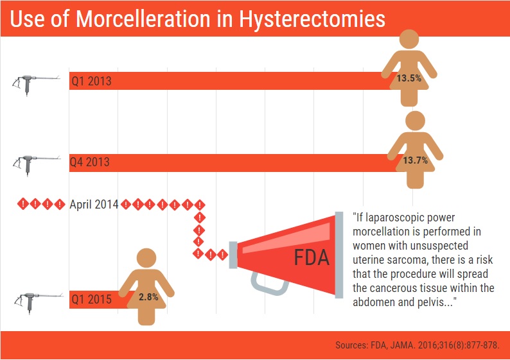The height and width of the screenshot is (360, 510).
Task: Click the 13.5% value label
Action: coord(409,78)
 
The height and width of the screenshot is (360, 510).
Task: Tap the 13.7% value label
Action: coord(416,160)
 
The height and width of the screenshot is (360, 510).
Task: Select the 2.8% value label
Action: coord(148,297)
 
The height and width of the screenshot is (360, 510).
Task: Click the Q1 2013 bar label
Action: coord(91,81)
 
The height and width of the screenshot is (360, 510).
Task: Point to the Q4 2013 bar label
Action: coord(90,162)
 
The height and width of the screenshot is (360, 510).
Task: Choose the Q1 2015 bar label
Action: coord(91,299)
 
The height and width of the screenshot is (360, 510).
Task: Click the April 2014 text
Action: coord(94,204)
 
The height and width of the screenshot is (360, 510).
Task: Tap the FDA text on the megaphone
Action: coord(312,258)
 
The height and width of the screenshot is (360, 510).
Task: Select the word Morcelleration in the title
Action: coord(143,19)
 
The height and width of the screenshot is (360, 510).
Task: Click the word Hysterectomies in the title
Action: coord(312,19)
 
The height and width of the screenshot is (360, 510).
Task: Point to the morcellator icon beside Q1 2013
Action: coord(36,85)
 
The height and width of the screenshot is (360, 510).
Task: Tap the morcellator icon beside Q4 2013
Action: coord(37,165)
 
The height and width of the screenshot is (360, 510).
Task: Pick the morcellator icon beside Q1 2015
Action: coord(39,302)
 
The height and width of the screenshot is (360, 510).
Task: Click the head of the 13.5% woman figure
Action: coord(409,39)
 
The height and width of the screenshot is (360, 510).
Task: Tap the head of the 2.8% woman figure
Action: coord(146,258)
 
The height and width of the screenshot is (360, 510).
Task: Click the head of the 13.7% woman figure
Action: coord(416,121)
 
